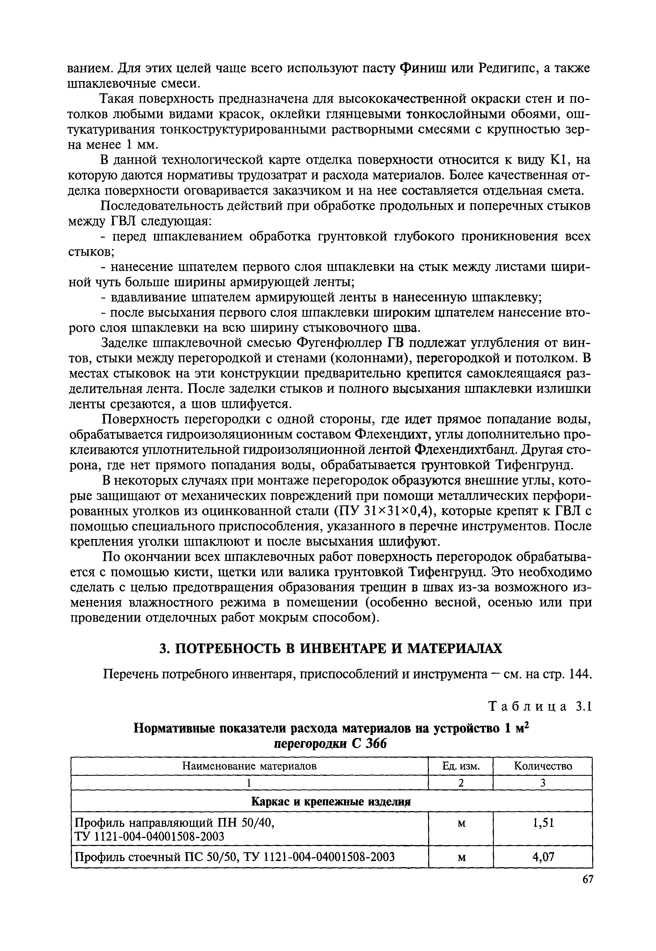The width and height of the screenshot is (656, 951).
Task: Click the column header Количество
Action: click(x=543, y=766)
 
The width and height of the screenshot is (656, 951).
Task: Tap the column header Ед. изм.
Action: click(x=461, y=766)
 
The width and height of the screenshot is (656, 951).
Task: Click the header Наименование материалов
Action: click(x=250, y=766)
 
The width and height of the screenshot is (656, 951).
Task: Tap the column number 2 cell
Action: click(x=461, y=783)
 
